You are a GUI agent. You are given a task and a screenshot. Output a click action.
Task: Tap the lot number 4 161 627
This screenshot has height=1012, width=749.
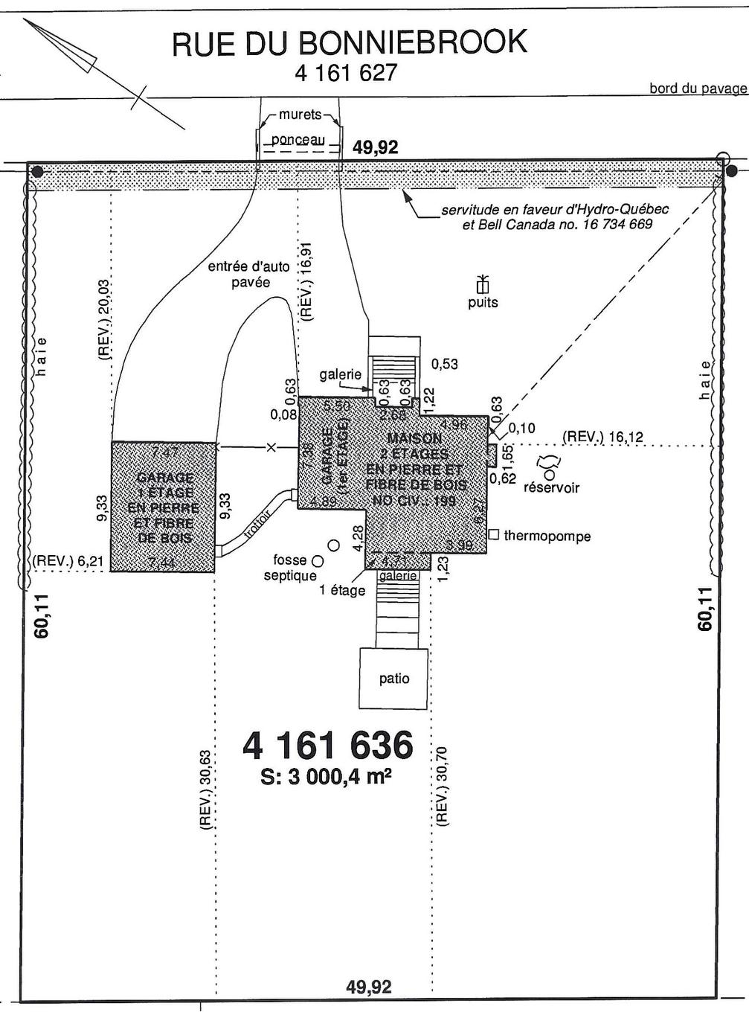(346, 73)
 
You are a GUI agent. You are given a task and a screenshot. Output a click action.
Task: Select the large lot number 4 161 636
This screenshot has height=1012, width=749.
(327, 745)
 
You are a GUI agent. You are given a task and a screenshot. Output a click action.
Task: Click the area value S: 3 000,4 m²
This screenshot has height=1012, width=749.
(327, 777)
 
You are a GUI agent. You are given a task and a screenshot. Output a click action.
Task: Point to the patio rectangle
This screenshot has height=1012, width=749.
(393, 678)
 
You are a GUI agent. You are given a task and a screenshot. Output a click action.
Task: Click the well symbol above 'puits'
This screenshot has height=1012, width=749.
(483, 284)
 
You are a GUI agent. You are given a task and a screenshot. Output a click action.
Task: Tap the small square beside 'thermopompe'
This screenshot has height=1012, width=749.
(493, 534)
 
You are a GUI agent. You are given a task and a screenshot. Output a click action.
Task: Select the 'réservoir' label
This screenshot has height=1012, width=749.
(551, 488)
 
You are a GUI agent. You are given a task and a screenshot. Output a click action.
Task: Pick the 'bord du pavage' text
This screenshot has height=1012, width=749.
(697, 89)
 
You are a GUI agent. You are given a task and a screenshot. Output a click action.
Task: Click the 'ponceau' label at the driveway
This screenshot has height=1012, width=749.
(298, 140)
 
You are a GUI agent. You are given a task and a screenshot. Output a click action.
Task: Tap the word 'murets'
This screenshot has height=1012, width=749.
(300, 115)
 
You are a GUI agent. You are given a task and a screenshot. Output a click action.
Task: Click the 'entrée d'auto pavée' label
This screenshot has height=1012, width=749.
(248, 275)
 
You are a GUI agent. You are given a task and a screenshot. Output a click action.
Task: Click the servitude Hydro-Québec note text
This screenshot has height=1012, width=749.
(554, 217)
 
